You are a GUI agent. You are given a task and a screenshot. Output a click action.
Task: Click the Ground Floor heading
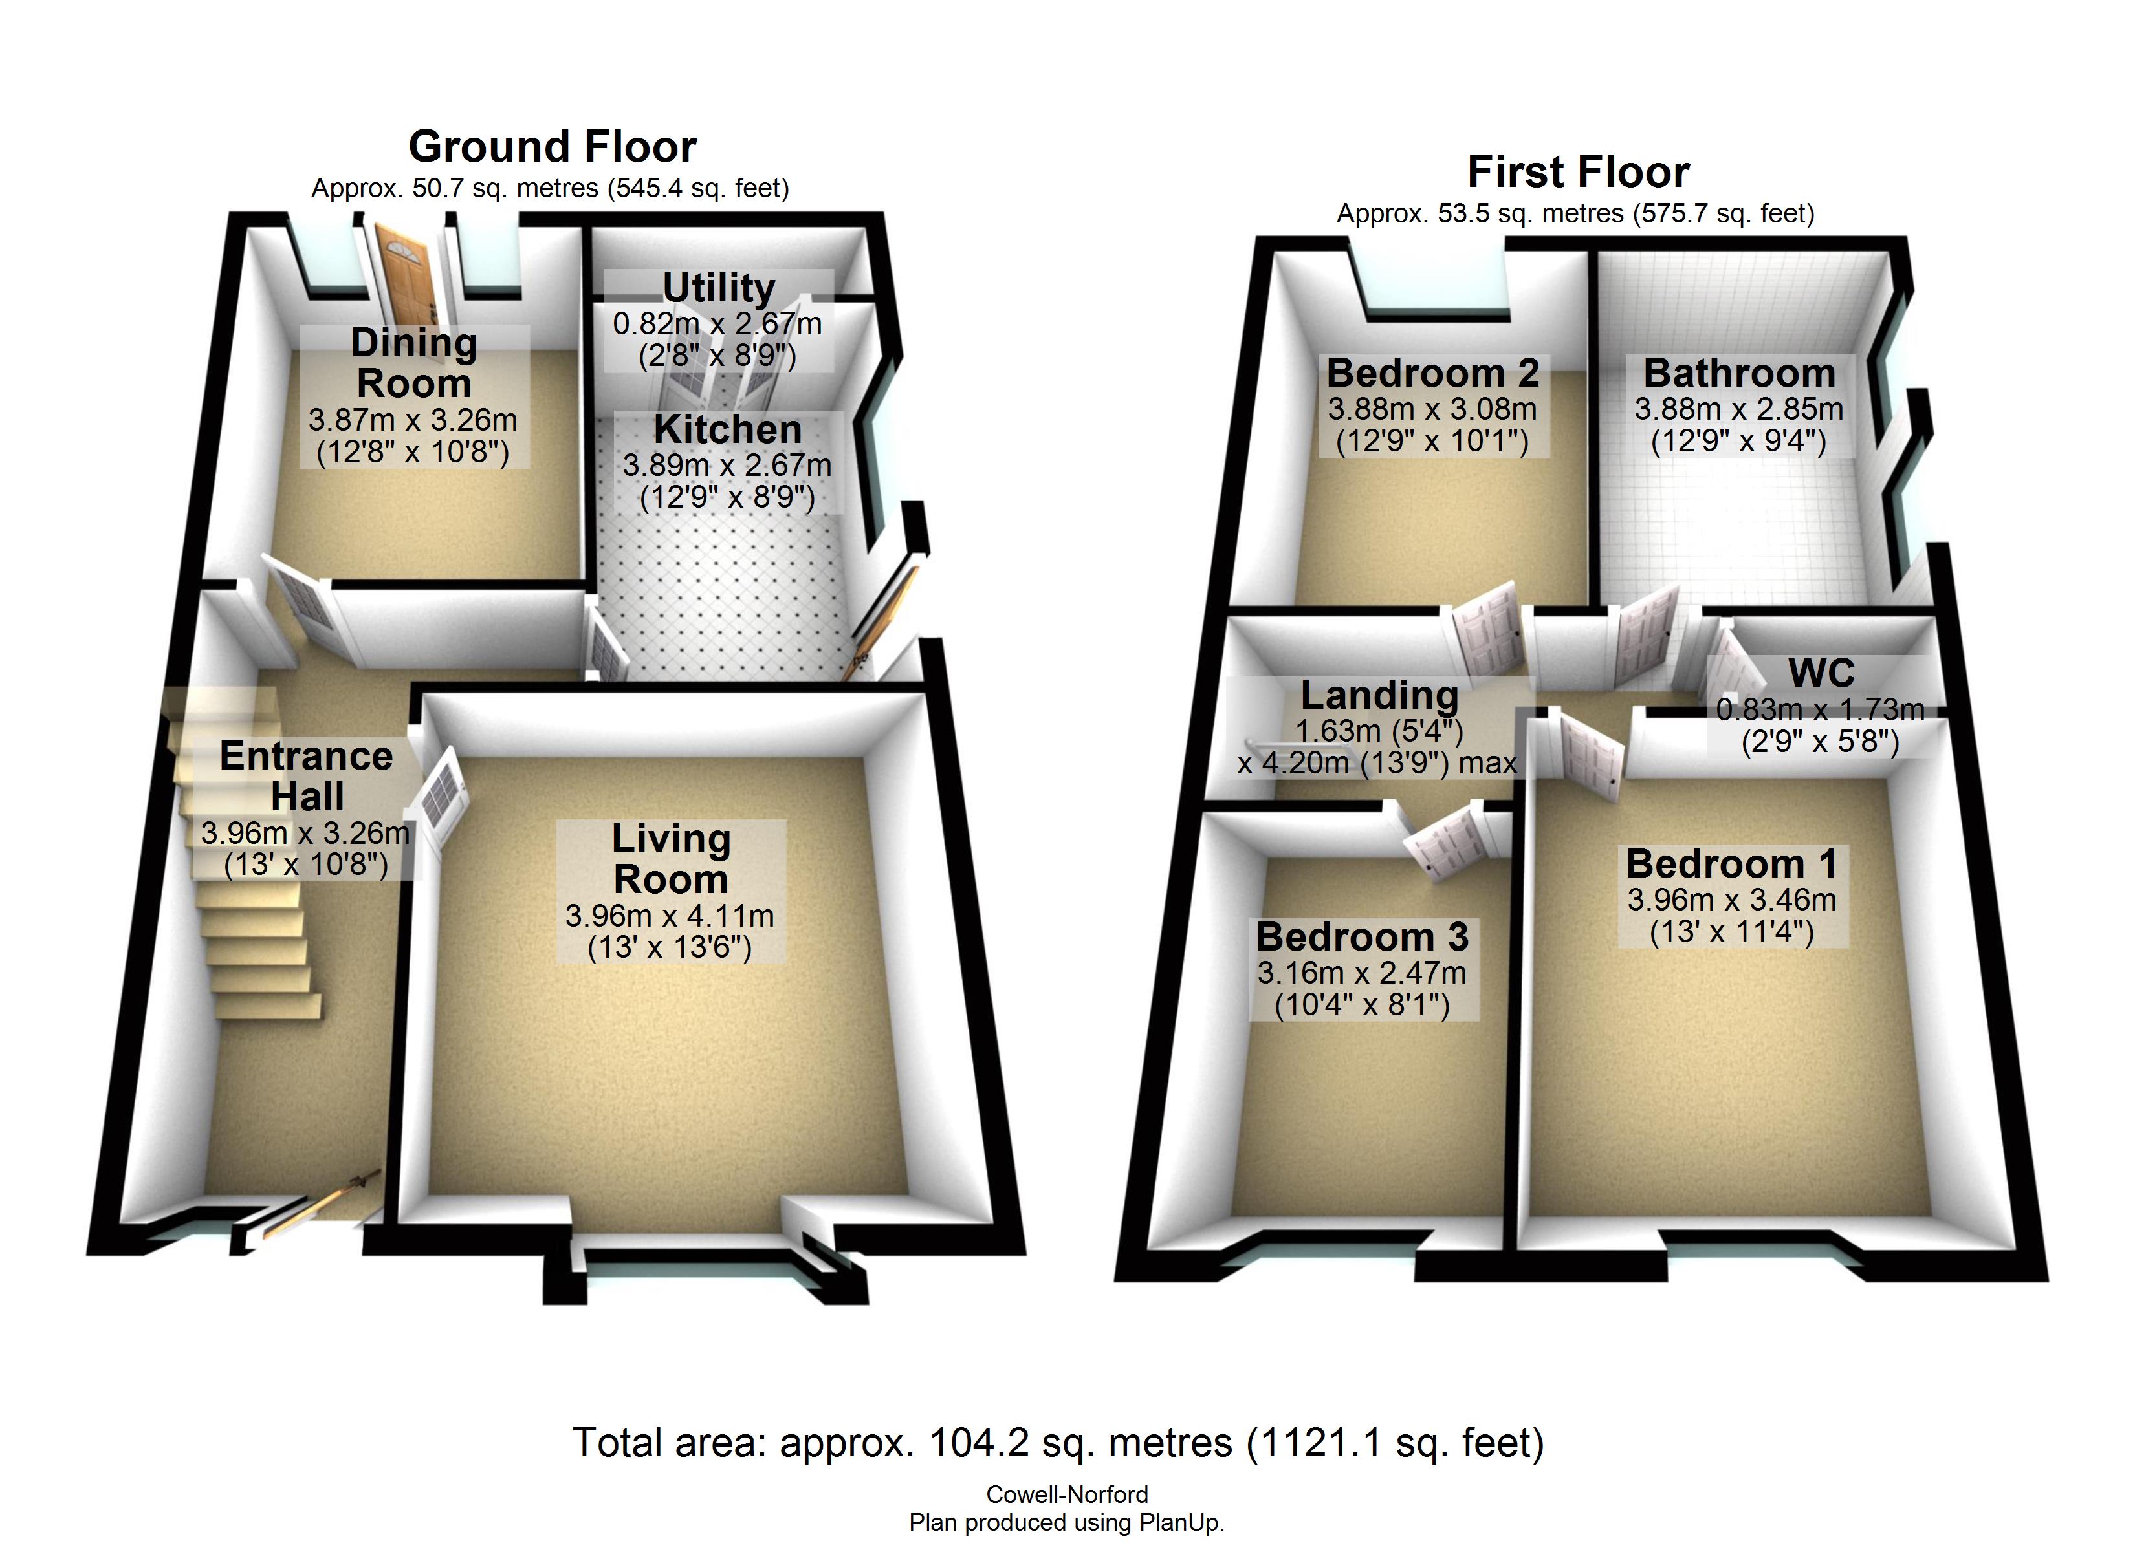[x=553, y=147]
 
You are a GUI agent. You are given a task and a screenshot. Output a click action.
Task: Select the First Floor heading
[x=1578, y=172]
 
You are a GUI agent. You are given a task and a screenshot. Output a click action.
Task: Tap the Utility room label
[x=719, y=288]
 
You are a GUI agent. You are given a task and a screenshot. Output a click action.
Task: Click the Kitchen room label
[x=728, y=429]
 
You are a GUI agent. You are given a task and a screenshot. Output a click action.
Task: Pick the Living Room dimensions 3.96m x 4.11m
[x=670, y=916]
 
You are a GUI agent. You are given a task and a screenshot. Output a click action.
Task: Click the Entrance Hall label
[x=307, y=777]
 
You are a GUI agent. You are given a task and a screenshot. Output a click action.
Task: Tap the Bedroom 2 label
[x=1433, y=374]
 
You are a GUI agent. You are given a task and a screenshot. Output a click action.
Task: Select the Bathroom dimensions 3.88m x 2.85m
[x=1738, y=409]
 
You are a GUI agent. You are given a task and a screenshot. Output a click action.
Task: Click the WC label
[x=1821, y=674]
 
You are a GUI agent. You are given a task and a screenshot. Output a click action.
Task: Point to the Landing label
[x=1379, y=696]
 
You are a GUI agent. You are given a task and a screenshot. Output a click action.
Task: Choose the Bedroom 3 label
[x=1362, y=938]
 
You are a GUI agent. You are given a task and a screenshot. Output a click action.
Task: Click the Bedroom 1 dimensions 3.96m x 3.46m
[x=1732, y=900]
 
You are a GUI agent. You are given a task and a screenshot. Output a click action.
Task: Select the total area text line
[x=1058, y=1443]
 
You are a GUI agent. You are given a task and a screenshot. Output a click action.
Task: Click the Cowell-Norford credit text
[x=1067, y=1494]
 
